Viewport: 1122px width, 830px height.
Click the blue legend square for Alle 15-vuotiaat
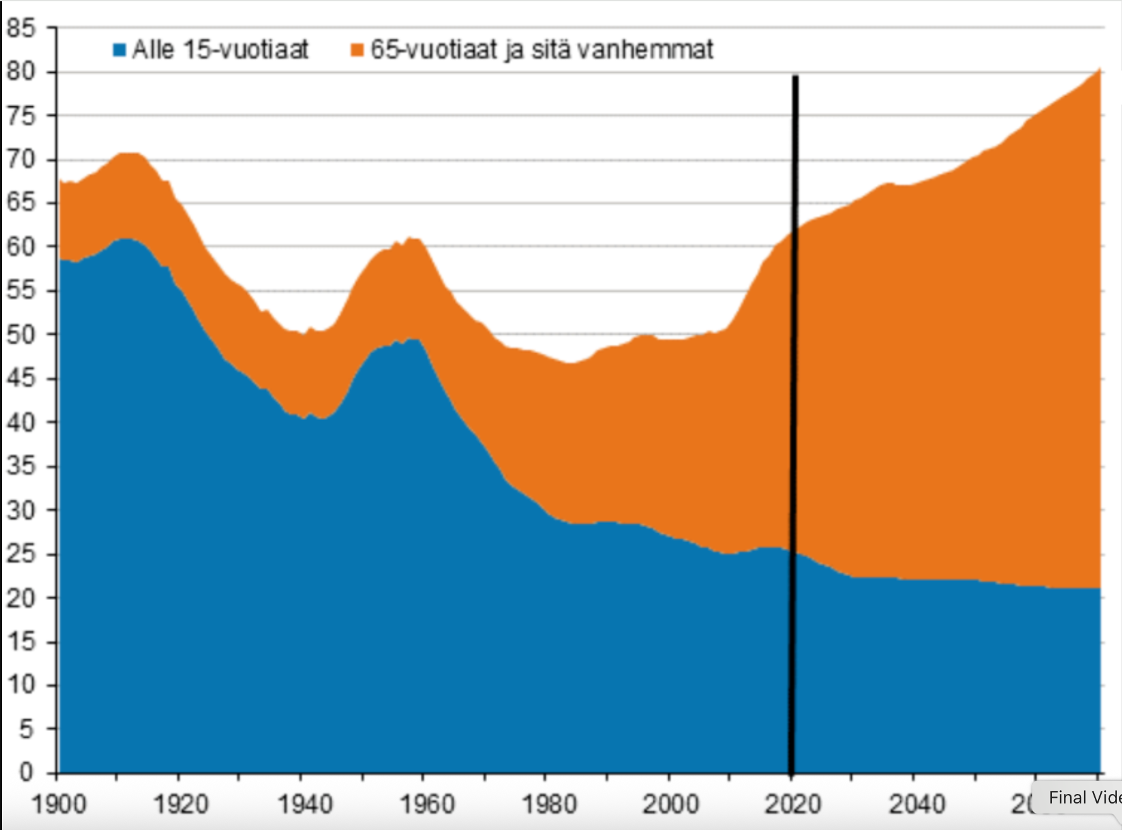[119, 49]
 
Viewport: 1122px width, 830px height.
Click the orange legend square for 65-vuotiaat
[358, 49]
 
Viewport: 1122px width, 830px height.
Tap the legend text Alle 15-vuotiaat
[220, 49]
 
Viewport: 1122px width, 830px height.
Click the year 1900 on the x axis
[59, 805]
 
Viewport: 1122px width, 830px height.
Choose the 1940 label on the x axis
[305, 805]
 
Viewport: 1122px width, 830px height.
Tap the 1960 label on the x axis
[428, 805]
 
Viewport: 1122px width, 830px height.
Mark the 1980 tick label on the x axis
[550, 805]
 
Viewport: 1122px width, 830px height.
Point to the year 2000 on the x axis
[671, 805]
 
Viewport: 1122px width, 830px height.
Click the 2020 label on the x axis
[793, 805]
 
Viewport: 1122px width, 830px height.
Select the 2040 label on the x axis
[917, 805]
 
